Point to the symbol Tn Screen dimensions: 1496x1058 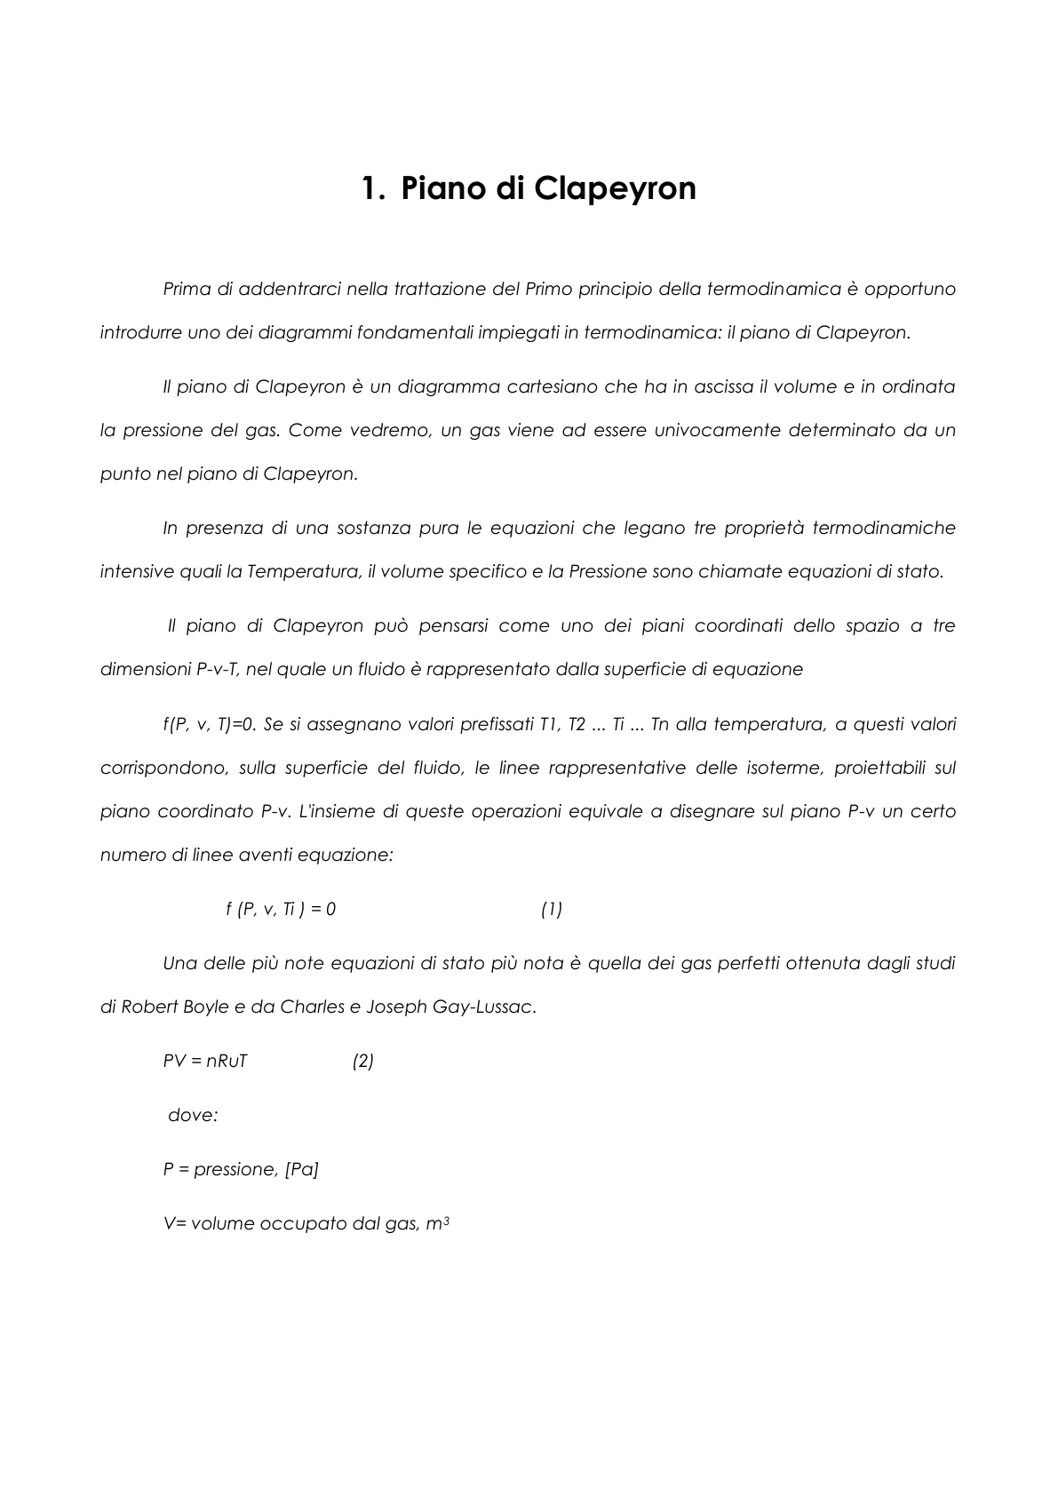[x=659, y=724]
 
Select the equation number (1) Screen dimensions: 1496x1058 [x=552, y=909]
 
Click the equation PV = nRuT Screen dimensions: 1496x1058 [x=205, y=1061]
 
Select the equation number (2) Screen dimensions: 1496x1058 [x=362, y=1061]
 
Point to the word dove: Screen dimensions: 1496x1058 [x=193, y=1115]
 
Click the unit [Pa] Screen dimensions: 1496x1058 [x=302, y=1169]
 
